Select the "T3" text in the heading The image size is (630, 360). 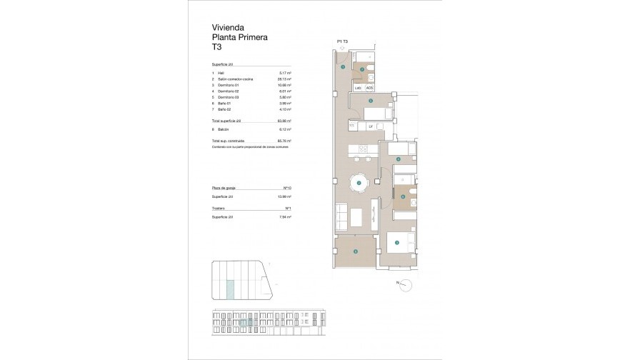coord(216,47)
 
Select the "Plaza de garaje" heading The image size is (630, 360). coord(223,186)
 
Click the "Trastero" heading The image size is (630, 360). coord(218,208)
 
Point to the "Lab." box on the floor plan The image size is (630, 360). coord(358,88)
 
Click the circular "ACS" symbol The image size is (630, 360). coord(369,88)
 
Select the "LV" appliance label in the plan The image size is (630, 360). coord(371,126)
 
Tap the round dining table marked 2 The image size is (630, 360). coord(359,184)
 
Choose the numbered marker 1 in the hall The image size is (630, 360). coord(344,67)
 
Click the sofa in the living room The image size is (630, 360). coord(341,216)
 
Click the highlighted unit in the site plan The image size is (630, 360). coord(230,289)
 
